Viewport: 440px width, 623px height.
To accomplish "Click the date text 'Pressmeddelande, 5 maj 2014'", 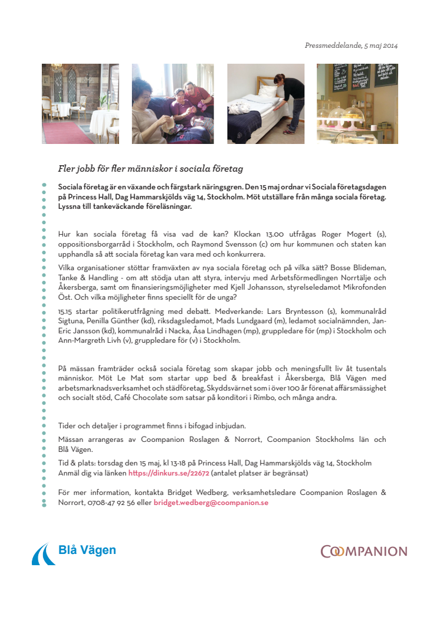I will pos(351,45).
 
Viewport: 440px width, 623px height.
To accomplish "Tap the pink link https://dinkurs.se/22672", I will pos(169,473).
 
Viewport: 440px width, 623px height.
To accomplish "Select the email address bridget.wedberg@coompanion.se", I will pos(211,503).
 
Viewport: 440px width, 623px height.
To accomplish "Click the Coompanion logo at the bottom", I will pos(363,552).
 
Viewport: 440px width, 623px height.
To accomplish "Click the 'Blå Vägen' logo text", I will pos(87,550).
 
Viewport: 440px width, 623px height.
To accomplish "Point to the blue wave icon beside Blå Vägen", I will pos(43,554).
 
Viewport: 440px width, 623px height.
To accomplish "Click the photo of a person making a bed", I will pos(265,104).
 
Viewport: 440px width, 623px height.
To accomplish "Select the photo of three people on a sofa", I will pos(172,104).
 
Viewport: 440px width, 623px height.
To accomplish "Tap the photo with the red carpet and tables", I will pos(80,104).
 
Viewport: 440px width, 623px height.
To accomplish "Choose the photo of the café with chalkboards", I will pos(357,104).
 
